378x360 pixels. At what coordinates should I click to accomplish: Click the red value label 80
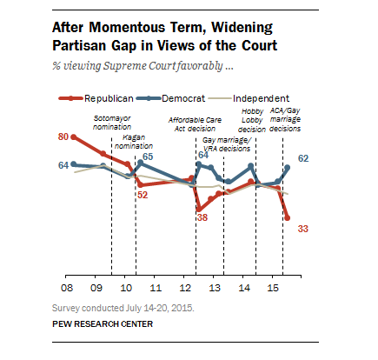(x=63, y=137)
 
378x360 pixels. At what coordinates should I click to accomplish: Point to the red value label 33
(x=304, y=229)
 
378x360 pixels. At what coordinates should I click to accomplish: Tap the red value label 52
(x=143, y=195)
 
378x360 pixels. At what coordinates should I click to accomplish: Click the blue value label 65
(x=148, y=157)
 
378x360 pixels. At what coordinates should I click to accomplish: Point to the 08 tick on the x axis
(x=65, y=285)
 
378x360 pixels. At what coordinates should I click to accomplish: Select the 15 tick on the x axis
(x=273, y=285)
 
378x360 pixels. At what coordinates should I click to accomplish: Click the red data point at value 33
(x=287, y=219)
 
